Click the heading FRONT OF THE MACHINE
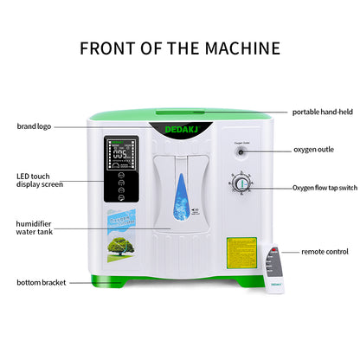179,47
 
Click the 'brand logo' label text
34,126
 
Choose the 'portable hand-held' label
321,112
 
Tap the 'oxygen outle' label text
313,150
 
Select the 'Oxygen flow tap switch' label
325,187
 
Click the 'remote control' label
325,251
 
